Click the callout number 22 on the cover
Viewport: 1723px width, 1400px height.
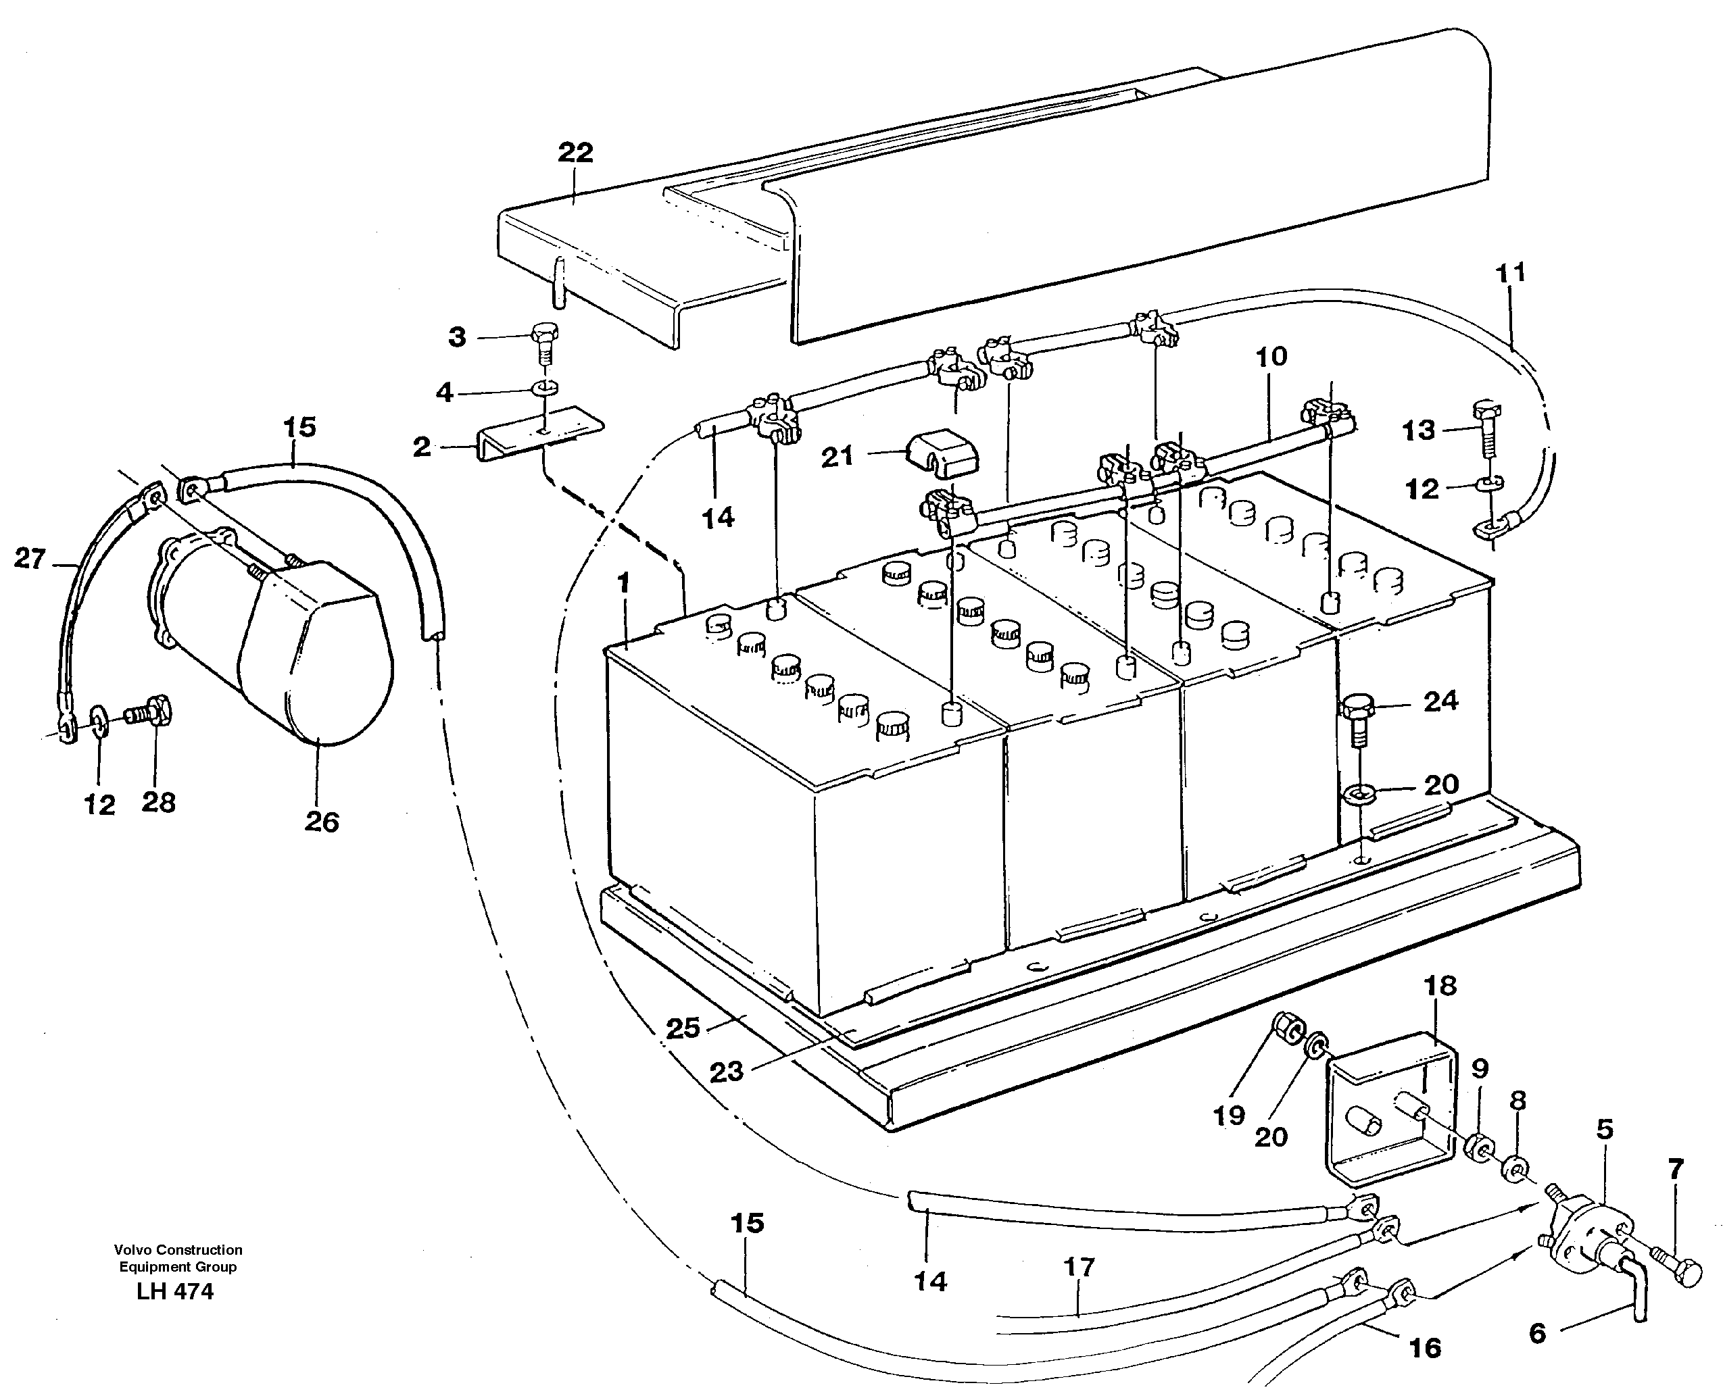[575, 153]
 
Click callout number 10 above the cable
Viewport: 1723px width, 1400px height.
[1271, 357]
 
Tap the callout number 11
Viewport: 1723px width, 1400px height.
[1510, 274]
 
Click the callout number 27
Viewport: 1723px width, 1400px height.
[30, 559]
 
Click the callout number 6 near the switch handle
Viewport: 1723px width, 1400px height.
[1538, 1334]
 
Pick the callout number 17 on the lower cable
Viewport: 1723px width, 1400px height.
[1079, 1267]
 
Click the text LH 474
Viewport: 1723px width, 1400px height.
[176, 1291]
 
